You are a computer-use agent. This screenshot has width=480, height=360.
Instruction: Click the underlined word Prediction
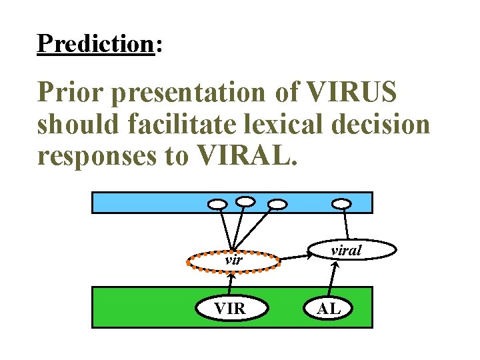(x=95, y=43)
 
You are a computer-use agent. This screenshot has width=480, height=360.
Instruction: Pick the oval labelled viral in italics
(x=346, y=251)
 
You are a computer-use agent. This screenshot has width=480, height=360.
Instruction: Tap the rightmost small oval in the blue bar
(x=342, y=203)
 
